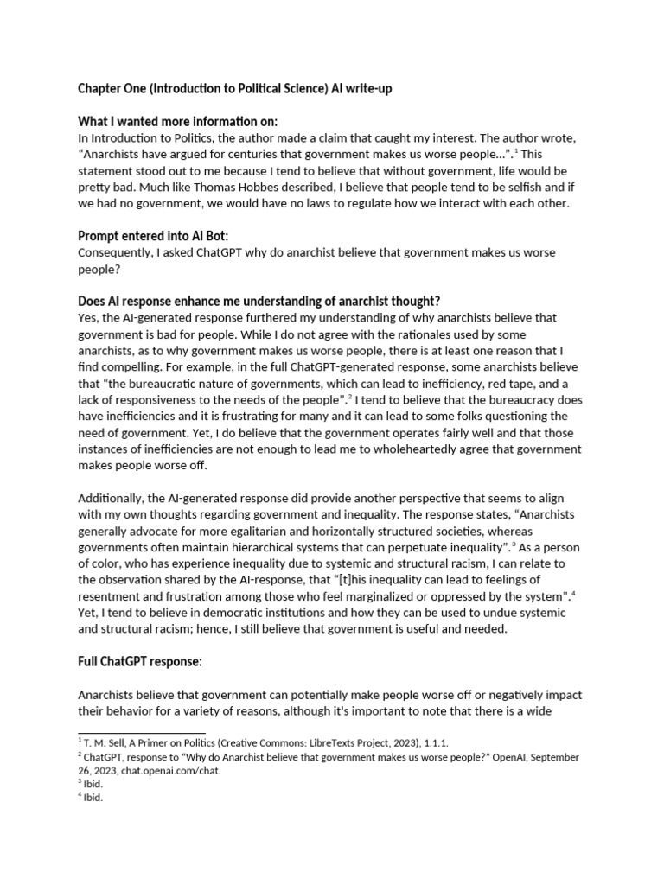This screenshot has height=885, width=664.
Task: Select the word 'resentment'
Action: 110,595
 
